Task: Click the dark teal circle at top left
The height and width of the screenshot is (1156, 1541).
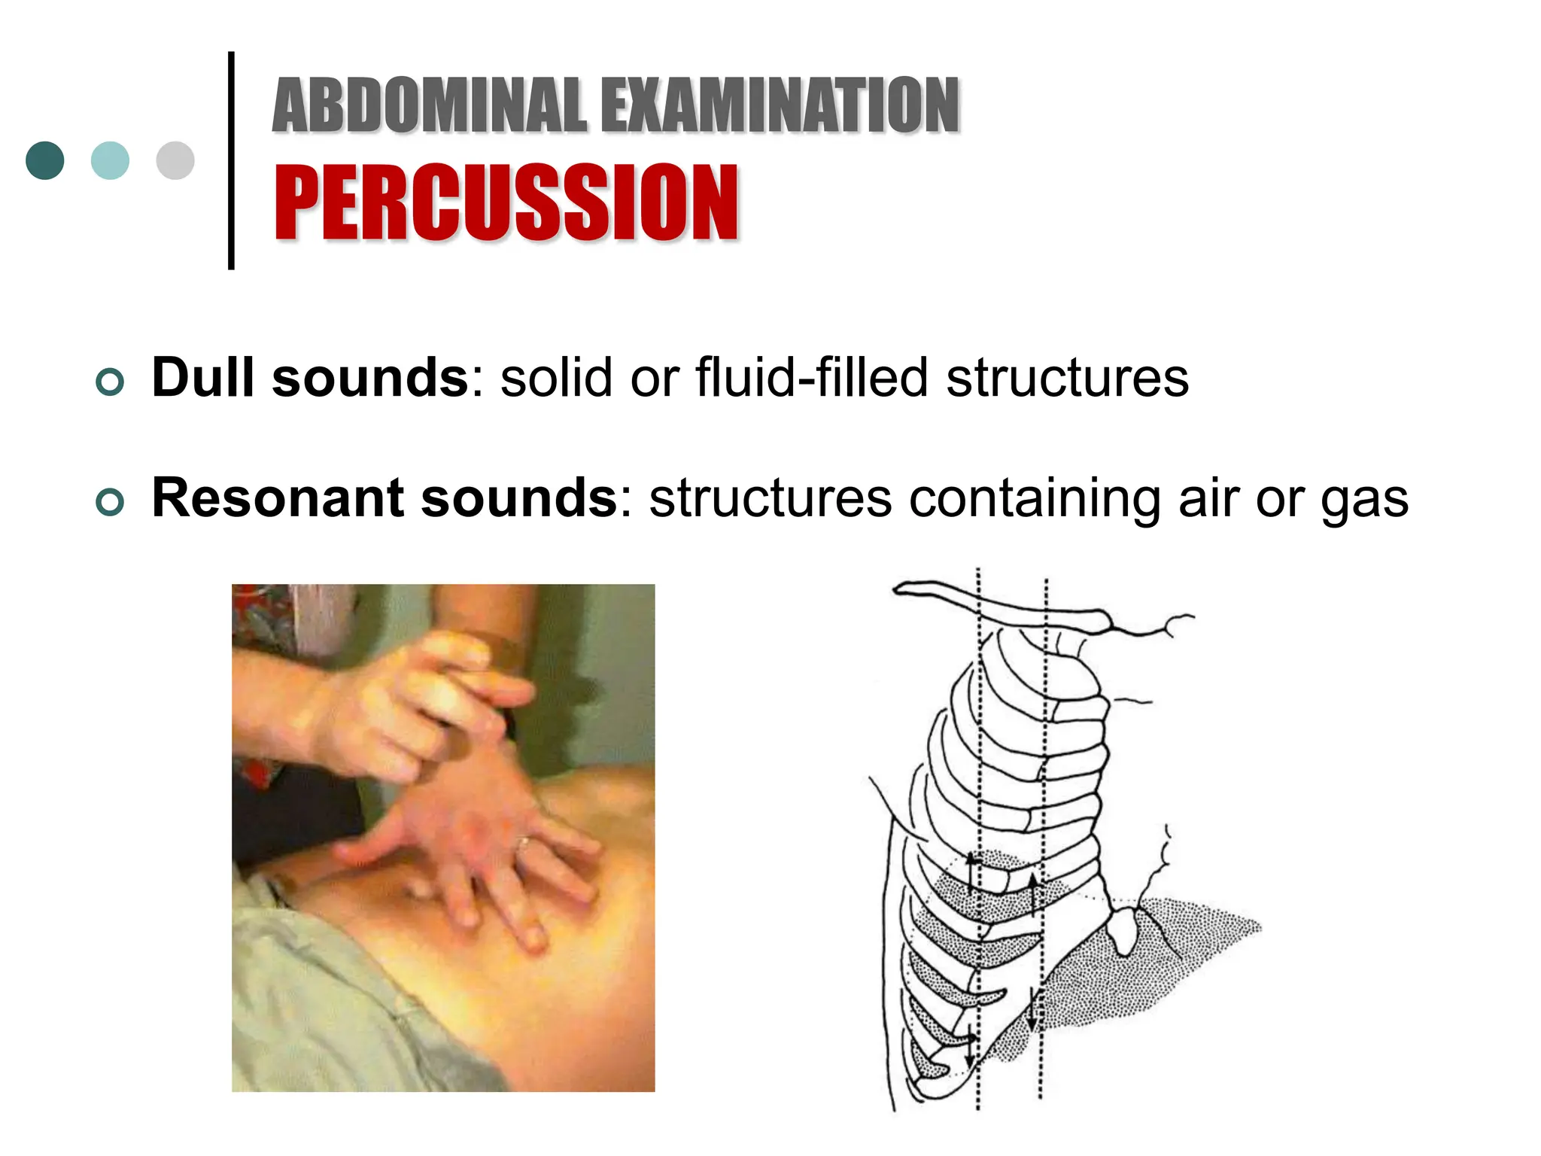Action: click(45, 160)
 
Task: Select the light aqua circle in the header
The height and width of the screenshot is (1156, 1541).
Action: click(110, 160)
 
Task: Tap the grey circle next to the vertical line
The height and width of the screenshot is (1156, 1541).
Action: click(175, 160)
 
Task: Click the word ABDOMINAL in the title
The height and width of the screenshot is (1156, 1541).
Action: click(429, 105)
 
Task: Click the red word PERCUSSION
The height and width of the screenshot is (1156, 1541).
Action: click(506, 203)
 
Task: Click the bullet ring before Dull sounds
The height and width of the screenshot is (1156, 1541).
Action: click(110, 382)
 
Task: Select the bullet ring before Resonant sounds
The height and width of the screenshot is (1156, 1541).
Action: click(110, 502)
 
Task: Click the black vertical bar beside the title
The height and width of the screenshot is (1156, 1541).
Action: click(231, 160)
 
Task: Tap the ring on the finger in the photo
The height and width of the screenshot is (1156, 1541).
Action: click(524, 844)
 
